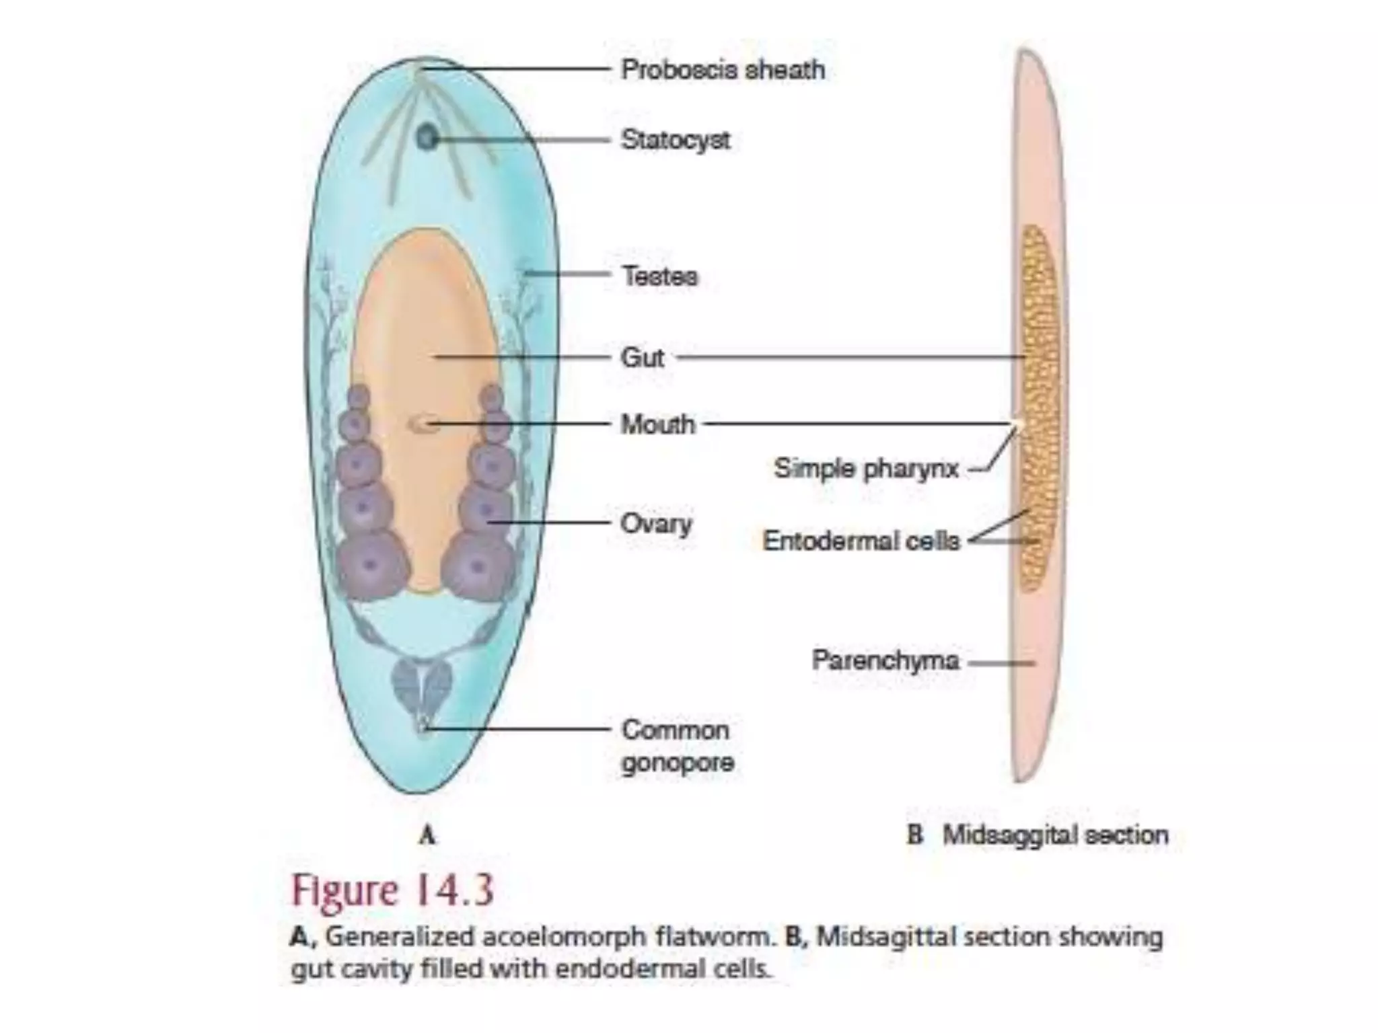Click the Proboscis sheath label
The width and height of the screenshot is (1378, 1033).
coord(723,70)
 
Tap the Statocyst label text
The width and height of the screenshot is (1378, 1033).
coord(676,140)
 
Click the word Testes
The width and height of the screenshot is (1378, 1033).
coord(659,276)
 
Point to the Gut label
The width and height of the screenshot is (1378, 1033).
coord(643,358)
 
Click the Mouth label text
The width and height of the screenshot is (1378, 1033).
coord(657,424)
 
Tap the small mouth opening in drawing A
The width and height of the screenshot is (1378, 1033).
coord(419,424)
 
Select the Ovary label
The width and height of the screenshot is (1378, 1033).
coord(656,524)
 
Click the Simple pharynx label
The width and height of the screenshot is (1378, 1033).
coord(867,469)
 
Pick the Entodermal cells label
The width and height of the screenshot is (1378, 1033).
coord(861,540)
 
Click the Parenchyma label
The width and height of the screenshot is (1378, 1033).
coord(885,660)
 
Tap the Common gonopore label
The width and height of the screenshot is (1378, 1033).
coord(677,747)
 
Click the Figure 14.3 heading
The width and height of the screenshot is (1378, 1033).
coord(392,890)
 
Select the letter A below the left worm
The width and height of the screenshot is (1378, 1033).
coord(427,836)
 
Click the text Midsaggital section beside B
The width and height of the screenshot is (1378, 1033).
coord(1055,835)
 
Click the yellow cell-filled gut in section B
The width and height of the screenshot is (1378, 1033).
coord(1039,409)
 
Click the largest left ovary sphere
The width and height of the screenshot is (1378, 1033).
coord(372,566)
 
